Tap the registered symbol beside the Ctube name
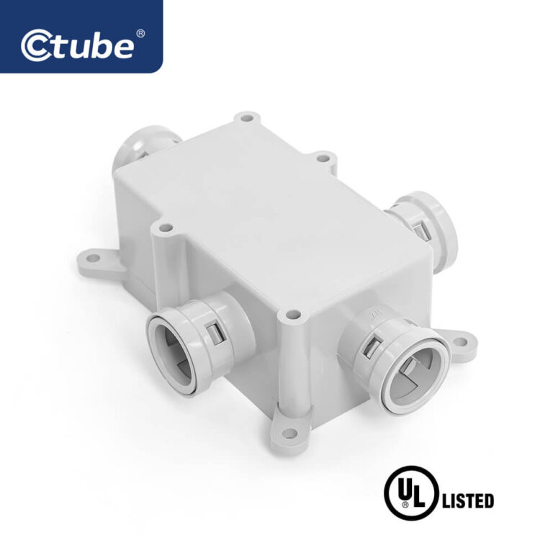click(x=140, y=33)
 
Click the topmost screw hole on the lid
click(x=247, y=116)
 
